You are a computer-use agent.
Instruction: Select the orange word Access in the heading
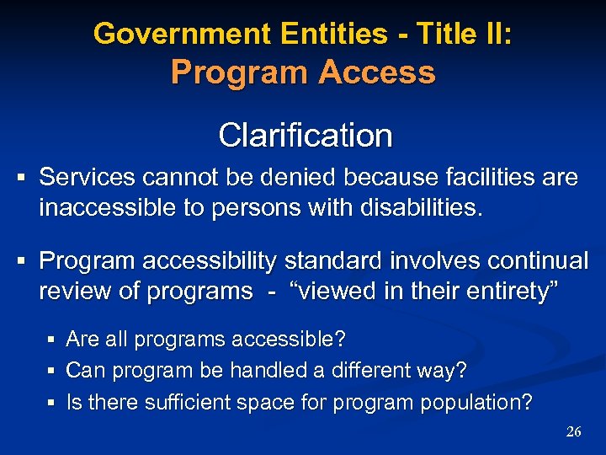coord(377,72)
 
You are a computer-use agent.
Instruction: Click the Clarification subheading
coord(305,135)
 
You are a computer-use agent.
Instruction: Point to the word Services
coord(88,178)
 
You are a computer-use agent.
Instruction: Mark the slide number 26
coord(573,431)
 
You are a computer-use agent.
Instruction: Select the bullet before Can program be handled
coord(52,371)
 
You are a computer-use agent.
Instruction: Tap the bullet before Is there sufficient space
coord(52,403)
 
